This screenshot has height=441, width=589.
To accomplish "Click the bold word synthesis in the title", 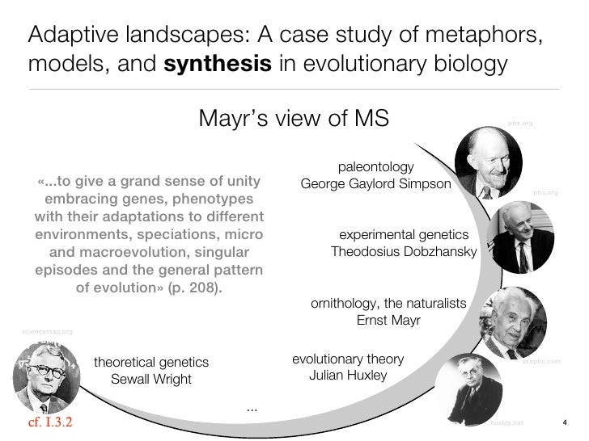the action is click(x=218, y=65).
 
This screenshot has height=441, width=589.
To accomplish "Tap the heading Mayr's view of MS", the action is click(x=294, y=119).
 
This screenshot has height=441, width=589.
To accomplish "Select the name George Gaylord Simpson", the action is click(x=375, y=184).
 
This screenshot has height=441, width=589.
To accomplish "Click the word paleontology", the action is click(x=375, y=167).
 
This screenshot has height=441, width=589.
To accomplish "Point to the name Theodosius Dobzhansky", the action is click(x=404, y=252).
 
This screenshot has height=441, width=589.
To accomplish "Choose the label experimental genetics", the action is click(x=403, y=234).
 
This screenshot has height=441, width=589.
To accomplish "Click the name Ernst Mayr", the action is click(x=388, y=320).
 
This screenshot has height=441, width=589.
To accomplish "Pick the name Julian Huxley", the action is click(x=348, y=376).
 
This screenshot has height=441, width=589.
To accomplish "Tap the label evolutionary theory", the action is click(x=347, y=359).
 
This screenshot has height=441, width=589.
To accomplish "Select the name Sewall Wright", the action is click(x=150, y=380).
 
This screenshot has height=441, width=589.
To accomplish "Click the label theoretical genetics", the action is click(x=151, y=362).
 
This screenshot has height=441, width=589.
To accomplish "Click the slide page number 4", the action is click(x=565, y=422).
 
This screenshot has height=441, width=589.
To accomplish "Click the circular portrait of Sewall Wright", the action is click(x=47, y=378).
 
